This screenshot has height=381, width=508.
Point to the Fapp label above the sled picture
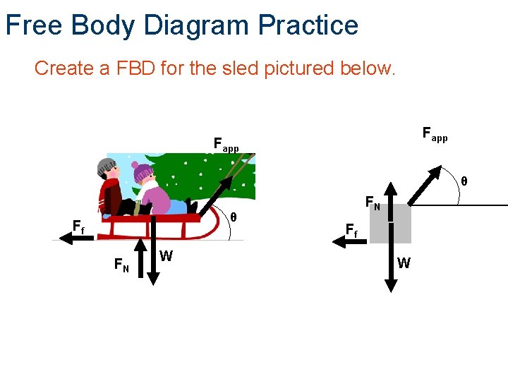tap(226, 145)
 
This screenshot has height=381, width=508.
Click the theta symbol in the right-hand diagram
tap(464, 181)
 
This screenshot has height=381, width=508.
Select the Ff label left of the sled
tap(78, 227)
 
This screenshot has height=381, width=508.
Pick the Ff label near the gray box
tap(351, 229)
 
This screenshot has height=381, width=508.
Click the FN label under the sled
tap(121, 265)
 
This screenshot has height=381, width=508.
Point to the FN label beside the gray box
tap(373, 204)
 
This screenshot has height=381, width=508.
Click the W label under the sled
tap(166, 256)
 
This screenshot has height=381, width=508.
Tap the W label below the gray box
tap(404, 264)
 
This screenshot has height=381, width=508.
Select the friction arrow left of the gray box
tap(350, 241)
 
